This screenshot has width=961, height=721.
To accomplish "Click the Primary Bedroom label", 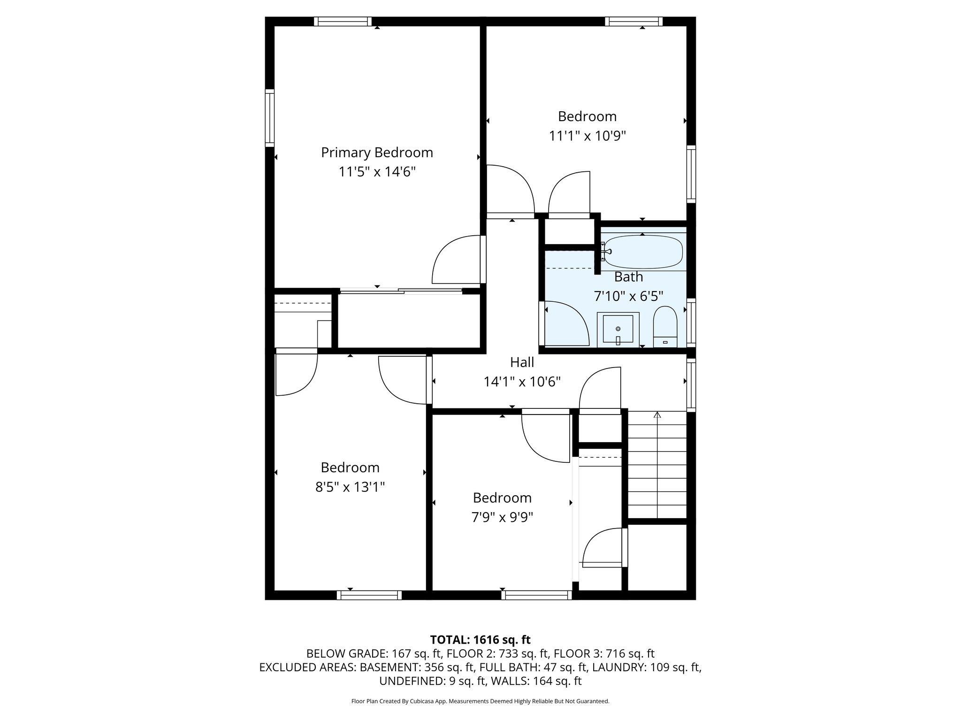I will coord(377,153).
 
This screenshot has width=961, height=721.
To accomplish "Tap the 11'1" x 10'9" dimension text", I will coord(587,136).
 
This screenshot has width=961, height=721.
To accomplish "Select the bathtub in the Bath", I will coord(643,252).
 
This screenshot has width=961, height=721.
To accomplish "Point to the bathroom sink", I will coord(618,329).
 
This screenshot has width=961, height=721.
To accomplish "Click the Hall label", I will coord(522,362).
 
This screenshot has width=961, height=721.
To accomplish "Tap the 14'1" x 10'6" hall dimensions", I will coord(522,382).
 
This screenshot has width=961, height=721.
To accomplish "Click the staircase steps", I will coord(657,469).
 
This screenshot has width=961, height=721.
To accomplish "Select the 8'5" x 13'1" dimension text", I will coord(350,487).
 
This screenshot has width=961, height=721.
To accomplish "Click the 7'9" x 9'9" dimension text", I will coord(502,517).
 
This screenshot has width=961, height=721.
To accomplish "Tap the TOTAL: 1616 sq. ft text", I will coord(480,640).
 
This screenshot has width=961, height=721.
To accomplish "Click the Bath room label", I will coord(628,277).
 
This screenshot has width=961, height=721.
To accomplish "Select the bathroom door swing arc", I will coord(565,324).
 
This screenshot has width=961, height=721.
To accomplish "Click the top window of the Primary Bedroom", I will coord(343,22).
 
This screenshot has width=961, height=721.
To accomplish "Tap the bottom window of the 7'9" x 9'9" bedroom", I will coord(536,595).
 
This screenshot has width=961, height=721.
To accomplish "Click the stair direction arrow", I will coord(657,415).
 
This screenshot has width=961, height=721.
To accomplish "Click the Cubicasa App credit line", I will coord(480,701).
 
